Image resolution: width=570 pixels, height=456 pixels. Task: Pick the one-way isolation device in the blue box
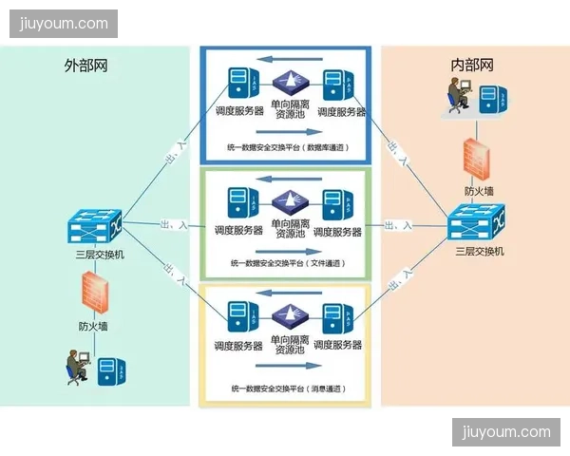[287, 82]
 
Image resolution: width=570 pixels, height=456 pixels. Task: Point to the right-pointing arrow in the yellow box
[284, 367]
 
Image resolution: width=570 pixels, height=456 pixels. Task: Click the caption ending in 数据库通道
[286, 147]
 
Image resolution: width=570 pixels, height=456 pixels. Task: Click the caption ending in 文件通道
[286, 262]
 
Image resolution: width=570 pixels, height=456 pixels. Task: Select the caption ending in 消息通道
[286, 389]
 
